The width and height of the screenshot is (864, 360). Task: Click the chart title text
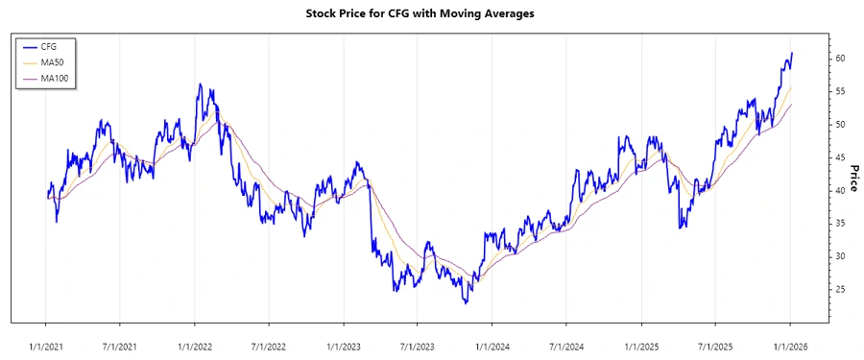[431, 13]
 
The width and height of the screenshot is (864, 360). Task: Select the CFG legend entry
[49, 45]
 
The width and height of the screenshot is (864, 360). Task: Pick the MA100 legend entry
[54, 78]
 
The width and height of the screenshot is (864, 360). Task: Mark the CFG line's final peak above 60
[792, 53]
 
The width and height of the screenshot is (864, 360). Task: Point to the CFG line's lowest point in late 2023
[466, 303]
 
